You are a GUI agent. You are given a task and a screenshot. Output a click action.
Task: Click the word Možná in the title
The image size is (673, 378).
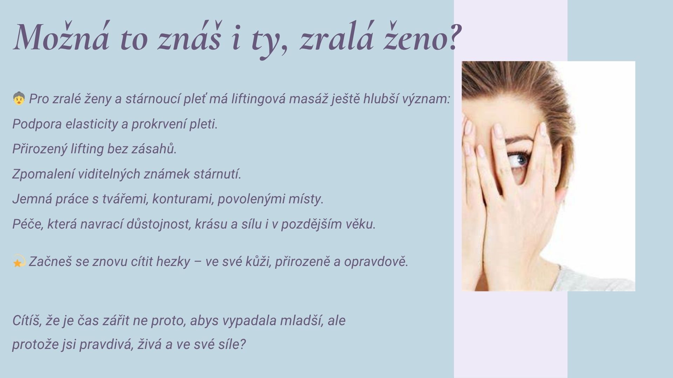(x=62, y=36)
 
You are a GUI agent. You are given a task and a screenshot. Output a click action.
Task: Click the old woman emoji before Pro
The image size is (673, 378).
(x=19, y=98)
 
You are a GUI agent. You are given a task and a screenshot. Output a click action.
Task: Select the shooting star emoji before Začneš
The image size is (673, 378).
(x=19, y=261)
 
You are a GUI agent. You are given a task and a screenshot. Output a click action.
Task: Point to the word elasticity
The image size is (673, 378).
(x=92, y=124)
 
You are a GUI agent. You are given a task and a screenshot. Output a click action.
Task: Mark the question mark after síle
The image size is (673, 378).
(x=242, y=344)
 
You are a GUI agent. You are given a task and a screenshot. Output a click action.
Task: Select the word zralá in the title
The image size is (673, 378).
(x=336, y=36)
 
